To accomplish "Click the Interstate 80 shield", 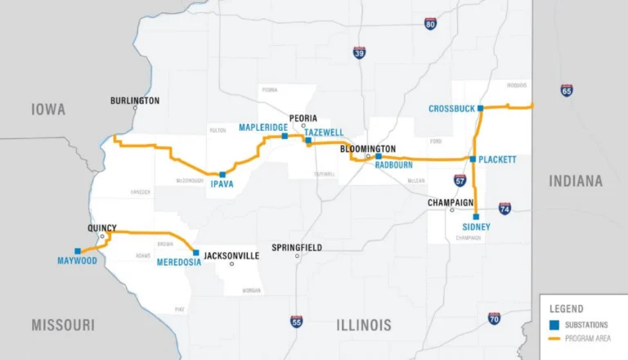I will pyautogui.click(x=430, y=24).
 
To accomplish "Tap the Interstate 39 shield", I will pyautogui.click(x=360, y=53).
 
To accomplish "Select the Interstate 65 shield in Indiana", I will pyautogui.click(x=567, y=91).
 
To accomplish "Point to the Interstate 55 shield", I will pyautogui.click(x=295, y=322).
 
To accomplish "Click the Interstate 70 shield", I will pyautogui.click(x=494, y=318).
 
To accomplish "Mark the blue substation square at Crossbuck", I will pyautogui.click(x=481, y=108).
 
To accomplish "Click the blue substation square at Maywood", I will pyautogui.click(x=78, y=251).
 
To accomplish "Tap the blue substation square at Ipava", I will pyautogui.click(x=222, y=174).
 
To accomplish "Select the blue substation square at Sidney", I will pyautogui.click(x=476, y=217).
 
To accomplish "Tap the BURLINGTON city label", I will pyautogui.click(x=135, y=101).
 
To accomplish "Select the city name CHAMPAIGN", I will pyautogui.click(x=451, y=201).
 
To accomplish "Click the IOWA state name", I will pyautogui.click(x=48, y=110).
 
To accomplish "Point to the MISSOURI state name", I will pyautogui.click(x=63, y=325).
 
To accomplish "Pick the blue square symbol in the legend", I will pyautogui.click(x=554, y=325).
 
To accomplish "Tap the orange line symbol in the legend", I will pyautogui.click(x=554, y=338).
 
